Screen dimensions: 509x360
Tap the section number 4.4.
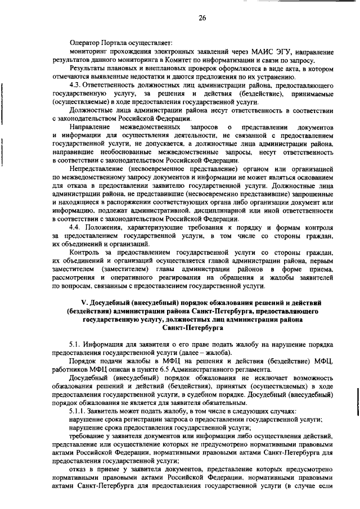click(75, 227)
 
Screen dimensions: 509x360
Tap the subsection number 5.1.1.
click(78, 412)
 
